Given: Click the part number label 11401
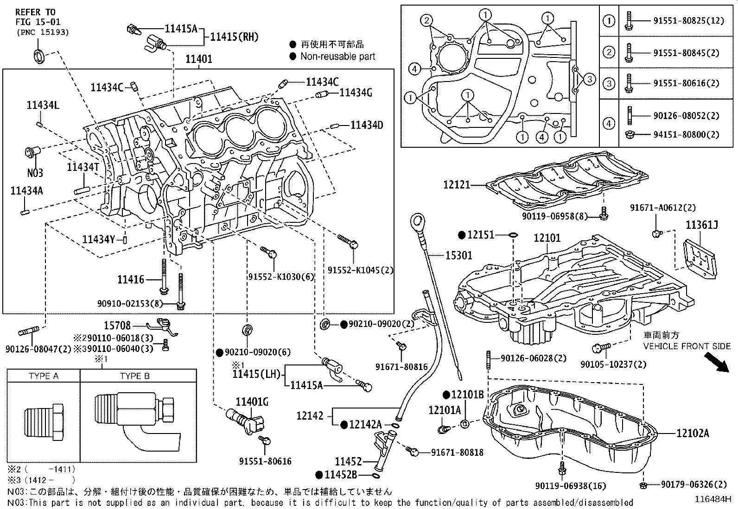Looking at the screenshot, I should point(199,59).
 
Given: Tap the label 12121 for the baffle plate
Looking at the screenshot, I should point(457,185).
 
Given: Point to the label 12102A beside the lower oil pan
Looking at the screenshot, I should point(692,434).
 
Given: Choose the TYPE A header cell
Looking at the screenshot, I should point(44,376).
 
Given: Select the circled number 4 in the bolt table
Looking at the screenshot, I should point(609,124).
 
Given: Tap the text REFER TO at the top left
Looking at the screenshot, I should point(35,12).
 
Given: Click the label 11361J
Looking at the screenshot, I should point(702,225).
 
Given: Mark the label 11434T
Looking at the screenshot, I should point(83,167).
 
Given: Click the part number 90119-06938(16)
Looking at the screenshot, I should point(570,486).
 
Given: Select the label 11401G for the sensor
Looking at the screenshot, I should point(252,402).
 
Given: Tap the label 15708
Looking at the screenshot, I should point(117,326).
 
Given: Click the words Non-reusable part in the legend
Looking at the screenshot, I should point(337,57).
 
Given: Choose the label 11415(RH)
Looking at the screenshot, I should point(234,37).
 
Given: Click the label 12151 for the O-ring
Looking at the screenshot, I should point(481,235).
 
